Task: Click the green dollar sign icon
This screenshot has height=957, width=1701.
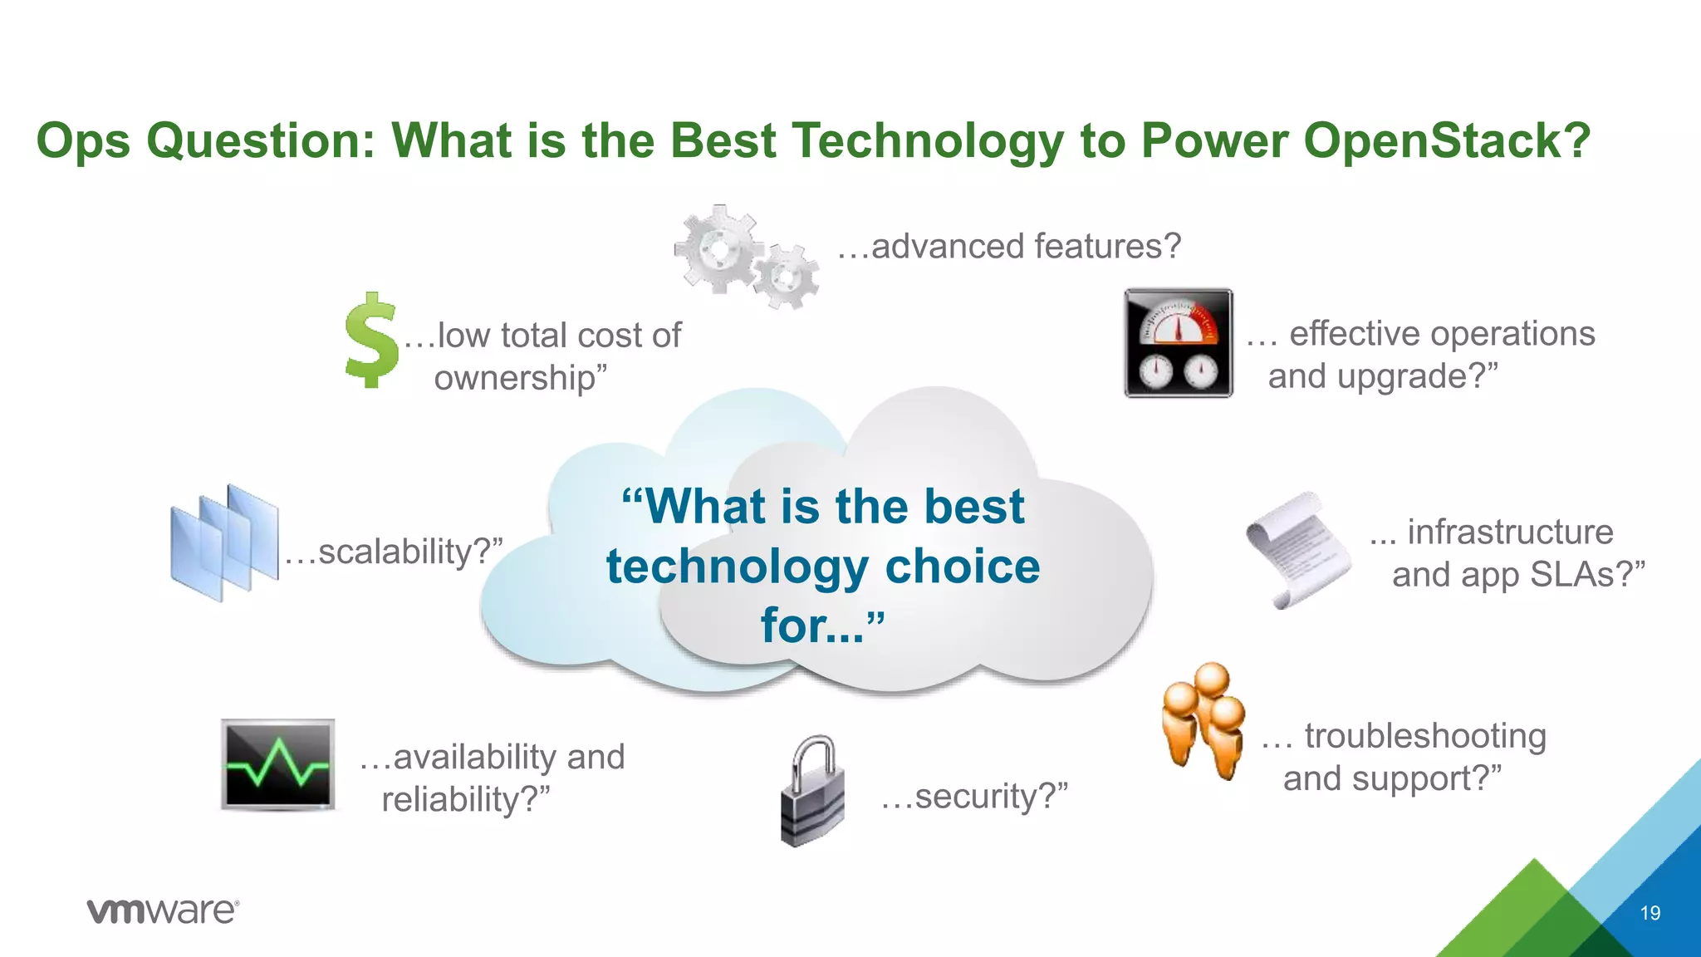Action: pos(371,341)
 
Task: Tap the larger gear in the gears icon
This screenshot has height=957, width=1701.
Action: pos(718,248)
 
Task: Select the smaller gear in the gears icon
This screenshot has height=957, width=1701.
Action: pos(786,277)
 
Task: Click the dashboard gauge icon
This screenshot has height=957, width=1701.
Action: pos(1178,343)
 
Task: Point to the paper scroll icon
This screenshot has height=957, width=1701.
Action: pos(1299,549)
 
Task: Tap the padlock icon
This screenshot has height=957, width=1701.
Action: pos(813,791)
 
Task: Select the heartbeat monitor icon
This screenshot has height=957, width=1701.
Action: pos(278,764)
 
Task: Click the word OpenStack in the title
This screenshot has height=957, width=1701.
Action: pos(1447,140)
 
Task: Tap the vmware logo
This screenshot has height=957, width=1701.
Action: pos(163,911)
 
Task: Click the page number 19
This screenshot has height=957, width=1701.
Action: pos(1650,913)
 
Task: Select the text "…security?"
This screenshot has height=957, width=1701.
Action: pos(973,796)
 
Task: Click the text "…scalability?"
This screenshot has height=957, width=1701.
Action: pos(394,552)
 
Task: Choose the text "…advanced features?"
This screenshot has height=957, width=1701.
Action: pos(1008,246)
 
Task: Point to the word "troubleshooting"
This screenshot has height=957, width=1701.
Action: pos(1424,736)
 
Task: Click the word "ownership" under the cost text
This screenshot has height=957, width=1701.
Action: pos(515,379)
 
